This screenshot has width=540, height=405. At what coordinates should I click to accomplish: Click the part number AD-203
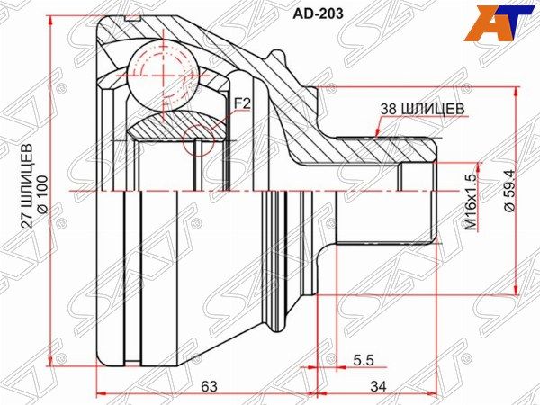pyautogui.click(x=317, y=14)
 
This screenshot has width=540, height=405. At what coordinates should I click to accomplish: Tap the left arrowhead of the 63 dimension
pyautogui.click(x=101, y=394)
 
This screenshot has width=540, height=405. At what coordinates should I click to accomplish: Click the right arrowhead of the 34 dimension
pyautogui.click(x=434, y=394)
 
